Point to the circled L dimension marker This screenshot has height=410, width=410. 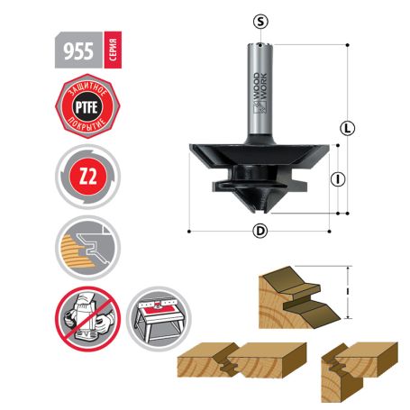pos(346,128)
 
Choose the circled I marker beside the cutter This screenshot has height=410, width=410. pos(338,179)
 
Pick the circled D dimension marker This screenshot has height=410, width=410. pos(261,231)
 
